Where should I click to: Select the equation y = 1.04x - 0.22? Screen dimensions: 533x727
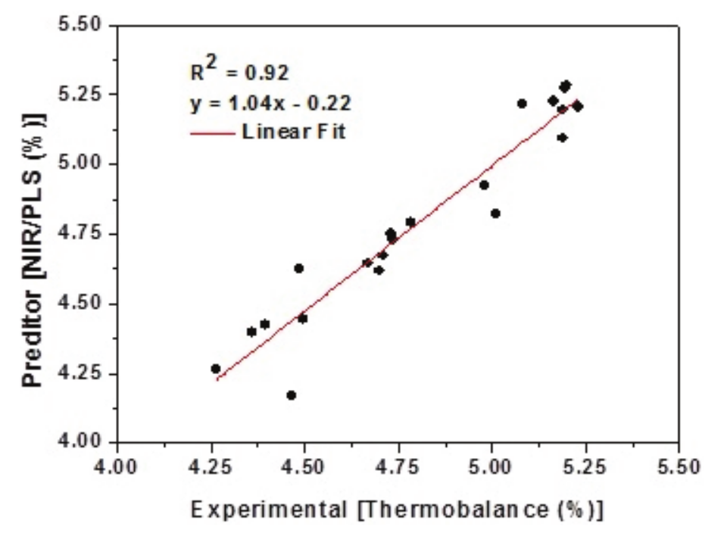click(270, 102)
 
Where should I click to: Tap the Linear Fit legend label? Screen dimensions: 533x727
click(295, 131)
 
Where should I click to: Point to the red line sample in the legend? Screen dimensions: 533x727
click(212, 132)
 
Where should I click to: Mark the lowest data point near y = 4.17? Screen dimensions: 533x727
click(292, 395)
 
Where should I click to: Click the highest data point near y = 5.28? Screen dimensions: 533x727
click(566, 86)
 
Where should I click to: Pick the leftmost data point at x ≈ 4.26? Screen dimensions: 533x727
click(216, 369)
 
